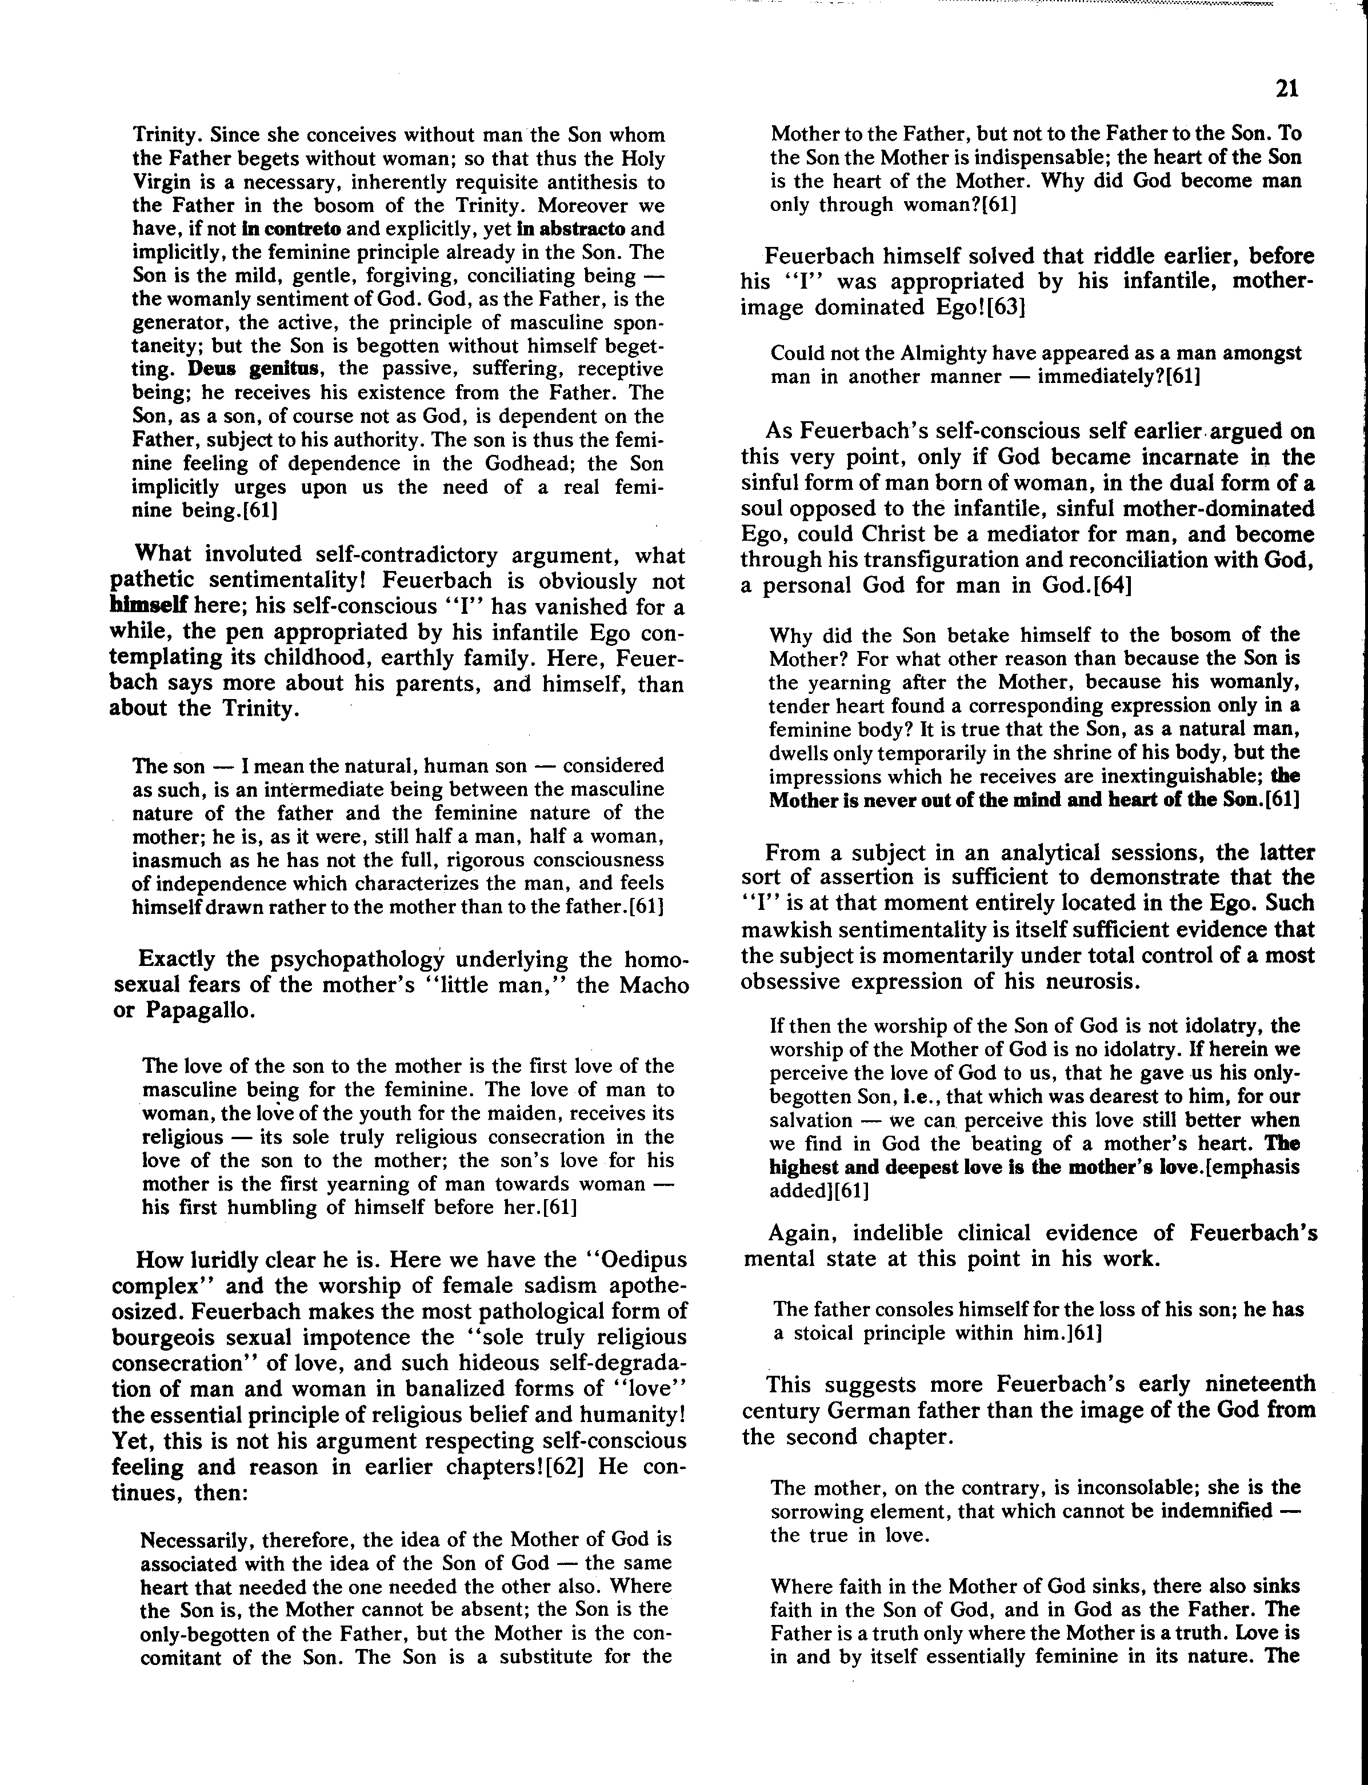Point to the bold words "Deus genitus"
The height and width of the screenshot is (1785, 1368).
pos(253,369)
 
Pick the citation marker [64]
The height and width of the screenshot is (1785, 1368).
pos(1103,585)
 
